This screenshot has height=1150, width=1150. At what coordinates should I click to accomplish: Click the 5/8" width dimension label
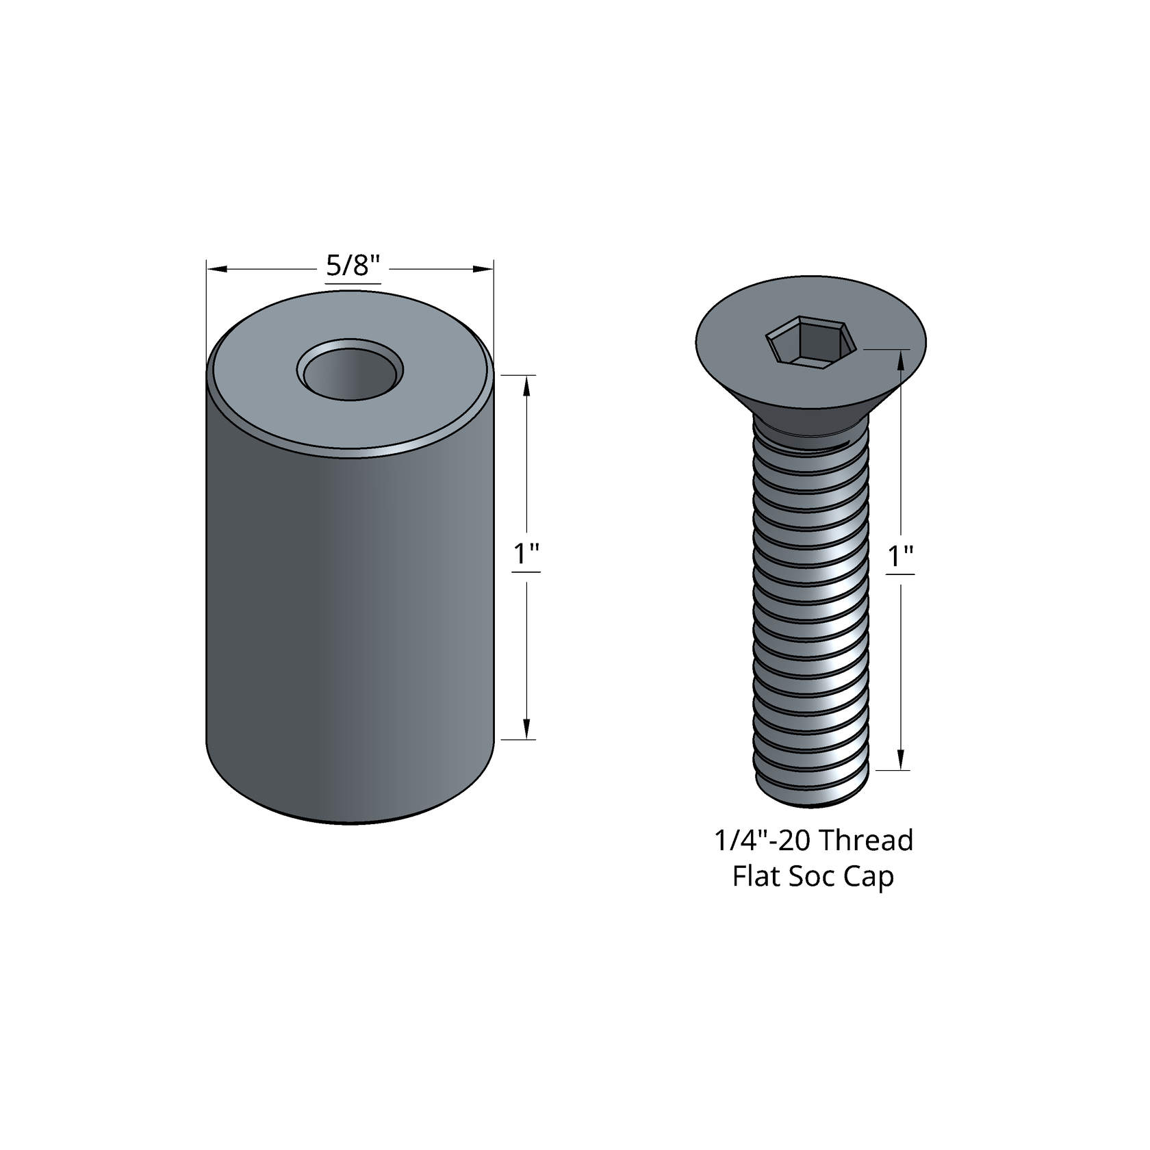353,266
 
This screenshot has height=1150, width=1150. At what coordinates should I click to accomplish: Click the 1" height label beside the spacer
526,554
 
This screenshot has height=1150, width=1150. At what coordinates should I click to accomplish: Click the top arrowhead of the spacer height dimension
526,385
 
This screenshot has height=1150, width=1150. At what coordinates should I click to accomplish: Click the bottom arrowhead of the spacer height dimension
526,730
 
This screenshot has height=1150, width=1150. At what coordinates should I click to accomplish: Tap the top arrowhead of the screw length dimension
901,359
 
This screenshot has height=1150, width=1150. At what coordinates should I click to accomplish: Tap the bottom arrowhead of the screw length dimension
901,761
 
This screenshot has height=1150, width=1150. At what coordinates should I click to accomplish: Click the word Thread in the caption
866,840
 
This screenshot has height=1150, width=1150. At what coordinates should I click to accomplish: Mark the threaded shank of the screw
812,602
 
